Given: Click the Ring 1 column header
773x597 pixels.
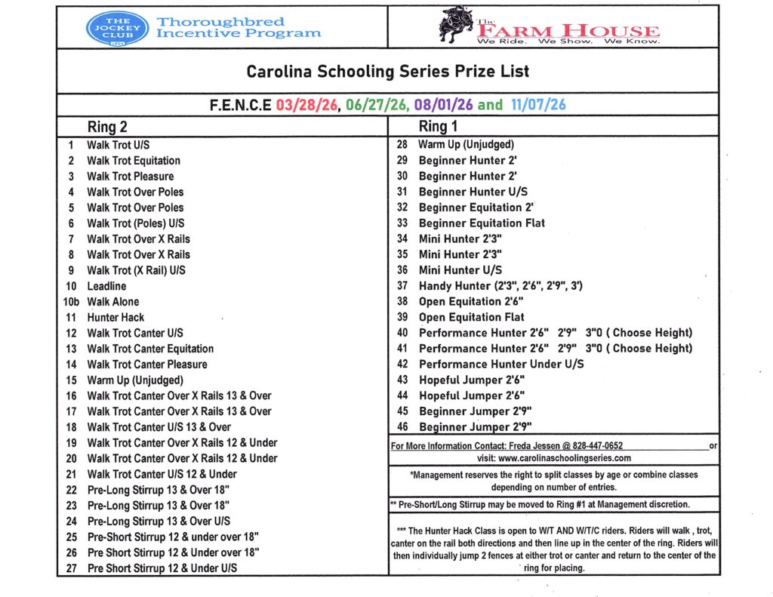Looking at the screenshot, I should click(439, 127).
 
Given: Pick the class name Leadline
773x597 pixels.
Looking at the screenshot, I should click(106, 286).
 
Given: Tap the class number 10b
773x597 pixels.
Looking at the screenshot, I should click(70, 302).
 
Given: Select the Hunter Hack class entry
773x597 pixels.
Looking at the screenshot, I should click(115, 318).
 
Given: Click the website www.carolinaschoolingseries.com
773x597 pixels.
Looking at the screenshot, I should click(565, 457).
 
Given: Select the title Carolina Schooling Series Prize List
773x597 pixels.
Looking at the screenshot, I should click(388, 72).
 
